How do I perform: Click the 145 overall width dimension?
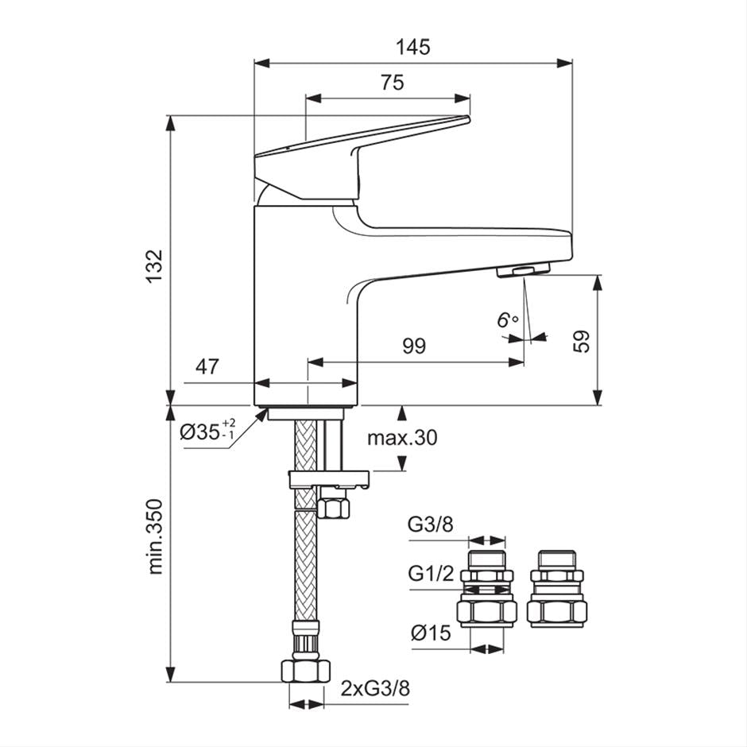pos(413,47)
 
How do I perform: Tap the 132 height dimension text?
pos(155,264)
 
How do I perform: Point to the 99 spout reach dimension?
pos(414,346)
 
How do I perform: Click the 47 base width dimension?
pos(207,366)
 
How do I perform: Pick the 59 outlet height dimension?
pos(583,340)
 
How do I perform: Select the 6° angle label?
pos(507,319)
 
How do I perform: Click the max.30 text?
pos(402,438)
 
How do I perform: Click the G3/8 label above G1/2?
pos(431,524)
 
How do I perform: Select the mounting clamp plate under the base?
pos(329,478)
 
